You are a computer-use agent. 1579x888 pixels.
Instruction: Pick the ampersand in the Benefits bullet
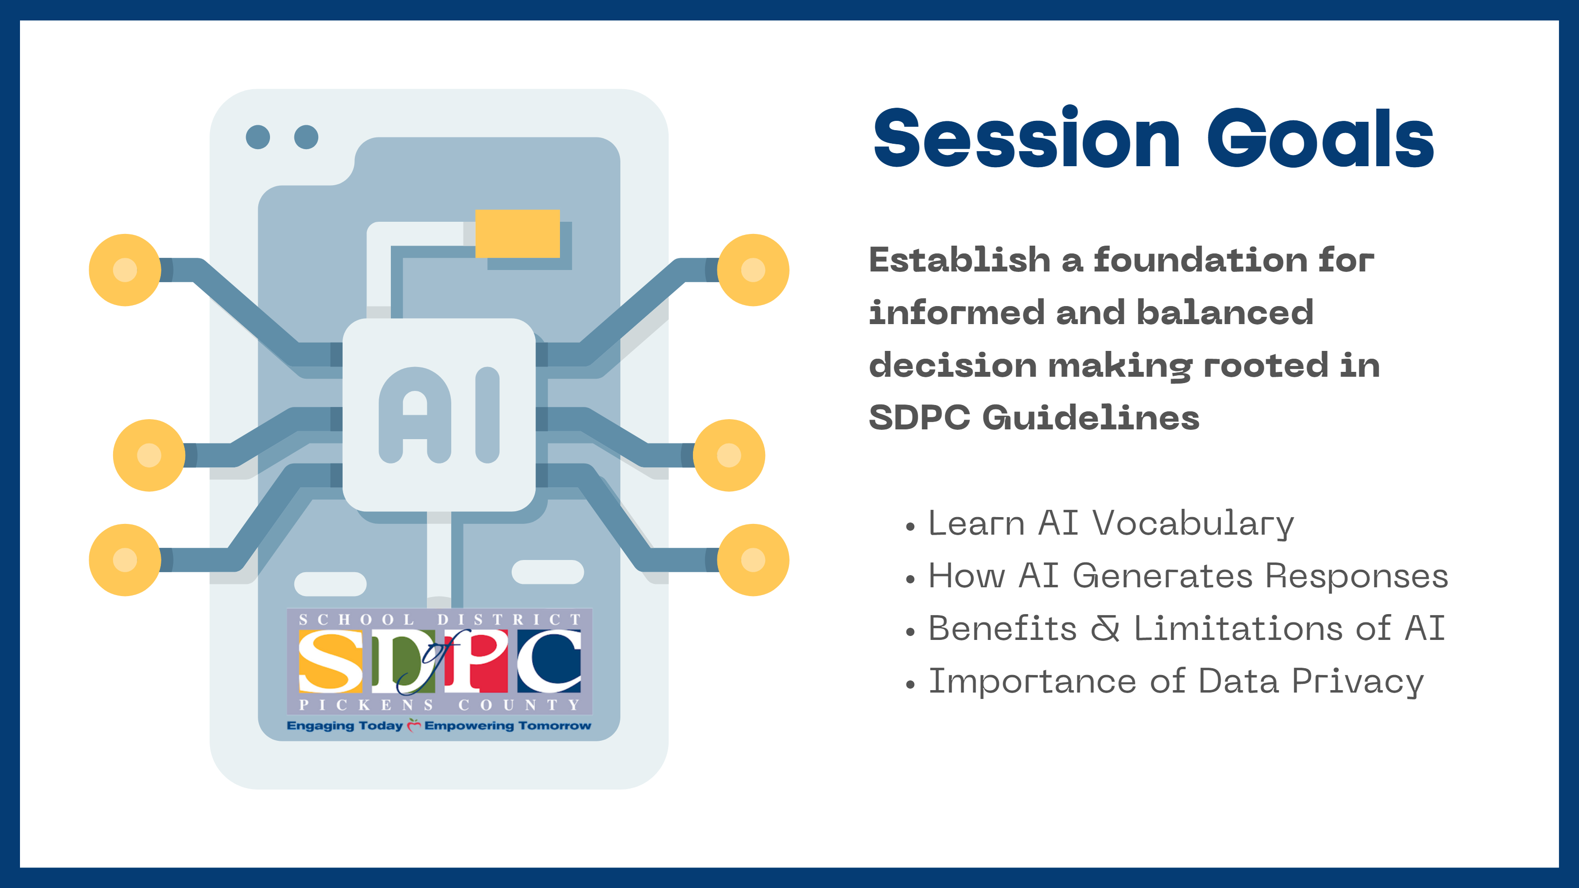click(1105, 629)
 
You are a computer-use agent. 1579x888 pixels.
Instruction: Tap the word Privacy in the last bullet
click(1358, 682)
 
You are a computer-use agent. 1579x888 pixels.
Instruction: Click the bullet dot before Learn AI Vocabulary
click(910, 526)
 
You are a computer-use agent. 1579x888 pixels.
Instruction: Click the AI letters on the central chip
click(439, 415)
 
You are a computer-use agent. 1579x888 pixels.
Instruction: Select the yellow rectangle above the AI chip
click(518, 233)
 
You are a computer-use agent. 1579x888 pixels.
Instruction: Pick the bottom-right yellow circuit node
click(753, 560)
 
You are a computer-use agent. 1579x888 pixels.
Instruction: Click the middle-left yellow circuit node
click(149, 455)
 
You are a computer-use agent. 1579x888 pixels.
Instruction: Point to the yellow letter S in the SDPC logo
click(330, 662)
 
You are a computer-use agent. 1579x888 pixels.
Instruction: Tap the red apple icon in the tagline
click(414, 725)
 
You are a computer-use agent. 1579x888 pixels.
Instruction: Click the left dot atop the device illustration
click(257, 136)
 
